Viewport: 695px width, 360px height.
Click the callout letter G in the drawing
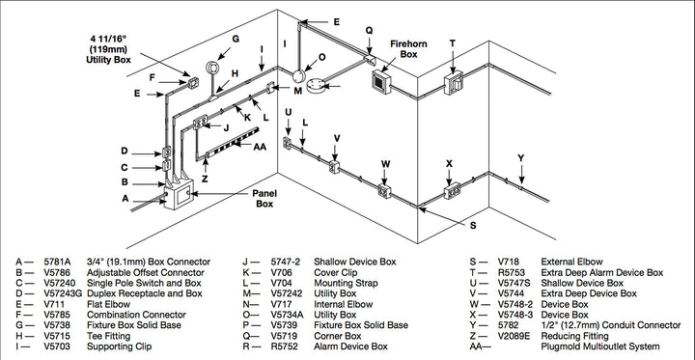click(x=234, y=39)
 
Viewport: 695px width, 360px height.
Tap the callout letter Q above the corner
click(x=368, y=30)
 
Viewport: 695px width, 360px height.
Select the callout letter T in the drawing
click(x=452, y=43)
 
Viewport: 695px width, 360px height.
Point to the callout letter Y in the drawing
click(x=520, y=156)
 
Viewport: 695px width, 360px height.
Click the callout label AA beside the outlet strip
click(x=260, y=147)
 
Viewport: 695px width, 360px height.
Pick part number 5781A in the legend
click(x=58, y=261)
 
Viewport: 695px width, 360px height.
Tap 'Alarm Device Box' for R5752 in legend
click(x=350, y=346)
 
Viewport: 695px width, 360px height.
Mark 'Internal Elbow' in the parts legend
click(x=340, y=303)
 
